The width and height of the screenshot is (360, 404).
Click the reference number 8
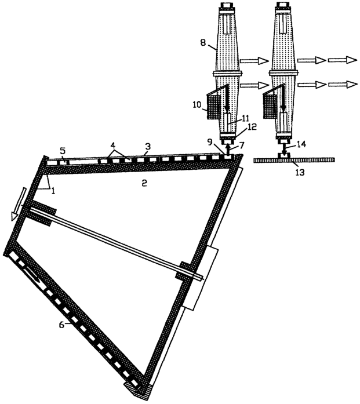(x=203, y=42)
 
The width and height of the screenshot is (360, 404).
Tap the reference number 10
(x=198, y=105)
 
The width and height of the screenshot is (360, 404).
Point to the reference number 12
(x=251, y=127)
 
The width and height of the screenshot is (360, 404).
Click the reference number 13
(x=300, y=172)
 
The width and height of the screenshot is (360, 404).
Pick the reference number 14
(x=301, y=144)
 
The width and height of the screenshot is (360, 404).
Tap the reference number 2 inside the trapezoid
(x=144, y=183)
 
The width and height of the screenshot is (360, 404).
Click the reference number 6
(x=61, y=325)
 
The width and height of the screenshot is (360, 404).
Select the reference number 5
(x=63, y=150)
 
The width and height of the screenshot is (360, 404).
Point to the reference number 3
(x=147, y=146)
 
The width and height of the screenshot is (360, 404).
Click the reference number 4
(x=112, y=144)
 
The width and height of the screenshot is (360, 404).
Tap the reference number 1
(x=53, y=191)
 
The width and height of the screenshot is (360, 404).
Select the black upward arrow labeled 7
(x=227, y=149)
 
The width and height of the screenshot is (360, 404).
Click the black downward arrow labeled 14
(x=283, y=150)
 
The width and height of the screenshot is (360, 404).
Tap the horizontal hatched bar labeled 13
(x=294, y=160)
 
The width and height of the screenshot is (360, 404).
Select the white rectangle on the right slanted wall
(x=201, y=279)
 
